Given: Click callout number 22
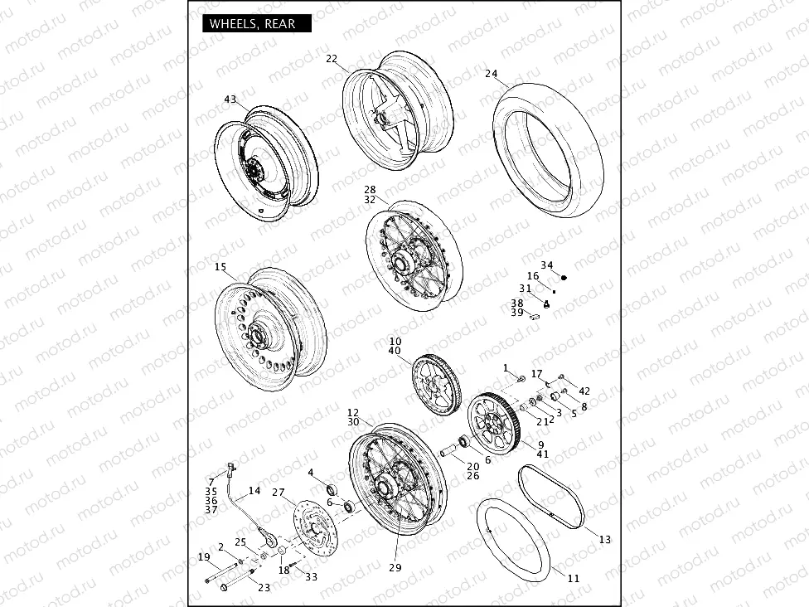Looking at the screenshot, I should pyautogui.click(x=332, y=59).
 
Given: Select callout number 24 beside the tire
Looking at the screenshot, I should pyautogui.click(x=492, y=74).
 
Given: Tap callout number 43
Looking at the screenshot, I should pyautogui.click(x=230, y=100).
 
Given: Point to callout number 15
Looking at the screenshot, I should pyautogui.click(x=220, y=267).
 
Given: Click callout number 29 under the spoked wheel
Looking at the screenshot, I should pyautogui.click(x=395, y=568).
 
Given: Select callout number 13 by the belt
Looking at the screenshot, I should pyautogui.click(x=604, y=540).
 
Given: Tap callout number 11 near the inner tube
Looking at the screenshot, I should pyautogui.click(x=574, y=578).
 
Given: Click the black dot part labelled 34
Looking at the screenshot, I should pyautogui.click(x=564, y=279).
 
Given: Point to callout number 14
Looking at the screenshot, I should pyautogui.click(x=254, y=491).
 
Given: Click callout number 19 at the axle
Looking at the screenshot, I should pyautogui.click(x=204, y=556).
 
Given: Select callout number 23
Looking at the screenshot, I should pyautogui.click(x=264, y=588).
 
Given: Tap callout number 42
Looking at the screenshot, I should pyautogui.click(x=584, y=391).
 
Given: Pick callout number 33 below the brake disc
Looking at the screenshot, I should pyautogui.click(x=311, y=576).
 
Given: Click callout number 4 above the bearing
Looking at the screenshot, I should pyautogui.click(x=311, y=473).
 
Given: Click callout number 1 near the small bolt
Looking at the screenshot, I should pyautogui.click(x=505, y=367).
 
